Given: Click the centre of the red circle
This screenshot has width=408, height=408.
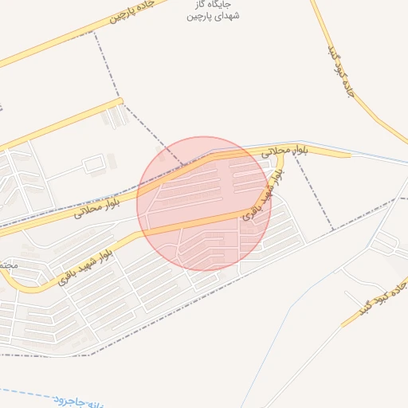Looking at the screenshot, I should click(x=204, y=203).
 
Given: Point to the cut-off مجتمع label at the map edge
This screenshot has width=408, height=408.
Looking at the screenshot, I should click(x=7, y=264).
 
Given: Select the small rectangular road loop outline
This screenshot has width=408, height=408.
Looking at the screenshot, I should click(x=95, y=165).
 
